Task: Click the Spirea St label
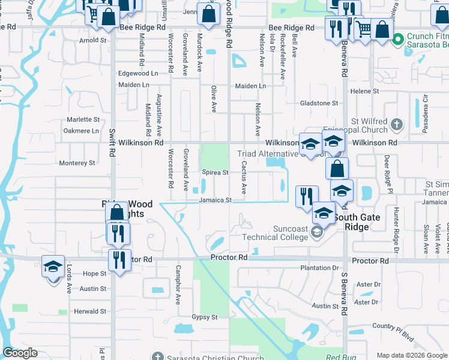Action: (214, 172)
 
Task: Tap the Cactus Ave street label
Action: (244, 177)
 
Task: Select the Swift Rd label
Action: (112, 142)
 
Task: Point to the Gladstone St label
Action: (319, 103)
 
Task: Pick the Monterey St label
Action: (77, 163)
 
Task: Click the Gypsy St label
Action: (204, 317)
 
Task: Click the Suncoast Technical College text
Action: (274, 233)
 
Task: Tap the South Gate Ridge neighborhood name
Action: (357, 222)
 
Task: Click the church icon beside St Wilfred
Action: (396, 125)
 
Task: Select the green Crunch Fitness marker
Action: (397, 40)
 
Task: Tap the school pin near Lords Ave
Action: (53, 266)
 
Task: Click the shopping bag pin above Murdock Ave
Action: (208, 16)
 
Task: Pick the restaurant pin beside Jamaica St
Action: (307, 196)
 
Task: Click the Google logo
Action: (19, 353)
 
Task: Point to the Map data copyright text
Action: (412, 355)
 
